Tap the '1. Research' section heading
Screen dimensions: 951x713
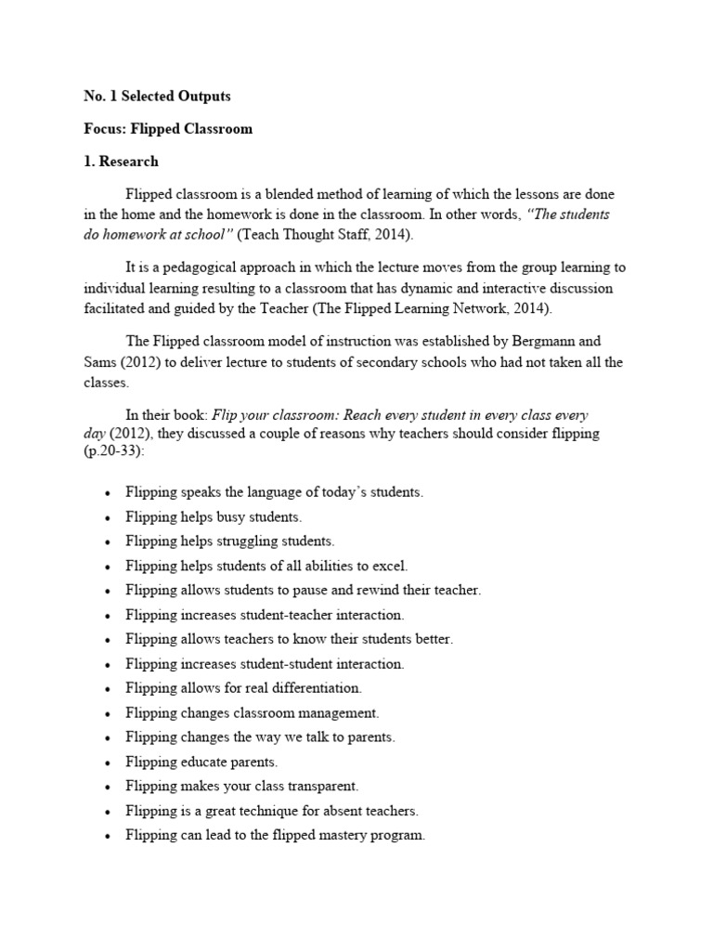pyautogui.click(x=115, y=161)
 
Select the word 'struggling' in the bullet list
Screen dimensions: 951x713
pyautogui.click(x=255, y=541)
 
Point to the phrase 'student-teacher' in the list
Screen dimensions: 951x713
pyautogui.click(x=289, y=614)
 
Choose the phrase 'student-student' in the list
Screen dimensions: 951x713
pyautogui.click(x=289, y=663)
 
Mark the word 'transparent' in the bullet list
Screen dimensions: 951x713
pyautogui.click(x=322, y=786)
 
